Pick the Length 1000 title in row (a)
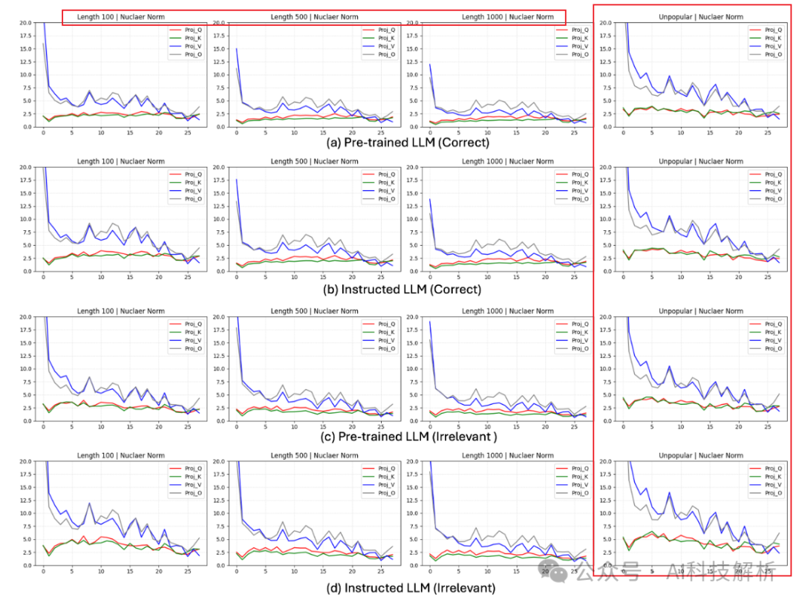(x=507, y=16)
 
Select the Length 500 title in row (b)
(x=315, y=161)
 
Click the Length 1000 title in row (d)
(x=507, y=455)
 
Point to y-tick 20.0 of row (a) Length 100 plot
(x=25, y=22)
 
